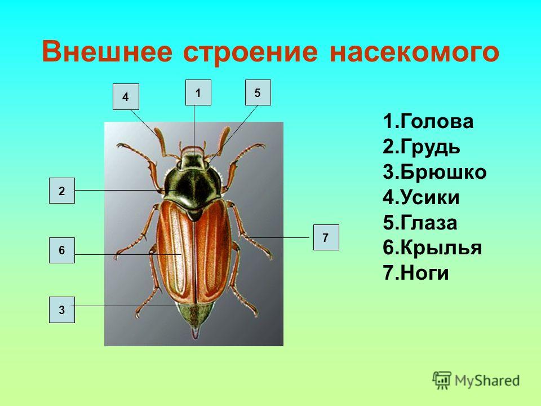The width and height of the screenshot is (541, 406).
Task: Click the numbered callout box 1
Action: tap(198, 92)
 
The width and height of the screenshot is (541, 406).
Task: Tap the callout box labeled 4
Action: tap(126, 96)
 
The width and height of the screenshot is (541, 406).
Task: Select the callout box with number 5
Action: tap(258, 92)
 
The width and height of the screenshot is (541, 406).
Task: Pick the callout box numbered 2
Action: tap(62, 191)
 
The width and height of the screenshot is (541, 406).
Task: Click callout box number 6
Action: tap(62, 250)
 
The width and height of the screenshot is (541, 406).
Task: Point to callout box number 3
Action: tap(62, 310)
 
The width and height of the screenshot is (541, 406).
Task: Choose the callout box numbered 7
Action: tap(326, 237)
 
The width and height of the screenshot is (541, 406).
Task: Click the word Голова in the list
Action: tap(437, 122)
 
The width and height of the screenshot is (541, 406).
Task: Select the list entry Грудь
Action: tap(430, 147)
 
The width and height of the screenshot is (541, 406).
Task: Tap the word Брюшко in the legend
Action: tap(444, 172)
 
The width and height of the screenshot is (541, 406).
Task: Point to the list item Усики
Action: tap(430, 197)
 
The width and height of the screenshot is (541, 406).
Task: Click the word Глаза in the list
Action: tap(429, 223)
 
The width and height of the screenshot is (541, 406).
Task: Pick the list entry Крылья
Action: tap(441, 248)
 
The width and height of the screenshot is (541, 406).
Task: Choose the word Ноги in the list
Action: tap(425, 273)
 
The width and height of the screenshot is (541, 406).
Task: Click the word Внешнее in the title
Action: tap(107, 52)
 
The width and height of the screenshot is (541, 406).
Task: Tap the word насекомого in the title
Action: tap(414, 52)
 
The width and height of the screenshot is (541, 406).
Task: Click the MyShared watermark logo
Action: tap(476, 381)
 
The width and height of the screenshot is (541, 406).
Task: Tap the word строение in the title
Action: tap(250, 52)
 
